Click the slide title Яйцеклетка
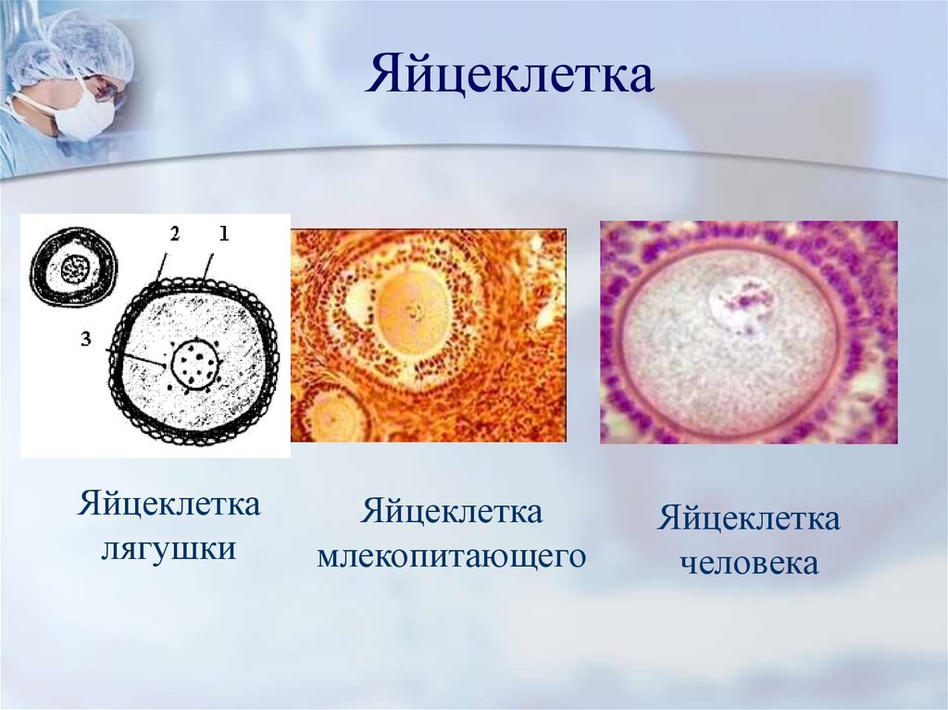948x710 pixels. [x=508, y=74]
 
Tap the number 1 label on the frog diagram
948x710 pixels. [x=224, y=233]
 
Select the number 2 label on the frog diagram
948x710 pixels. [x=175, y=233]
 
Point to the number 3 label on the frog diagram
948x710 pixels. [x=86, y=340]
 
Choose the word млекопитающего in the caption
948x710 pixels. [x=452, y=556]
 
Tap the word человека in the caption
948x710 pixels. [x=749, y=563]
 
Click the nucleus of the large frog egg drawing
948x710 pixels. [x=194, y=364]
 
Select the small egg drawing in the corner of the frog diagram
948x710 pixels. [x=74, y=269]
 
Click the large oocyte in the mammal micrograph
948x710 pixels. [x=415, y=311]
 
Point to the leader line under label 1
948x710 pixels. [x=208, y=268]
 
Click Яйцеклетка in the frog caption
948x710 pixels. [x=168, y=504]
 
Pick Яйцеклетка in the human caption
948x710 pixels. [x=748, y=519]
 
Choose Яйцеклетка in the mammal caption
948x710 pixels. [x=452, y=512]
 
